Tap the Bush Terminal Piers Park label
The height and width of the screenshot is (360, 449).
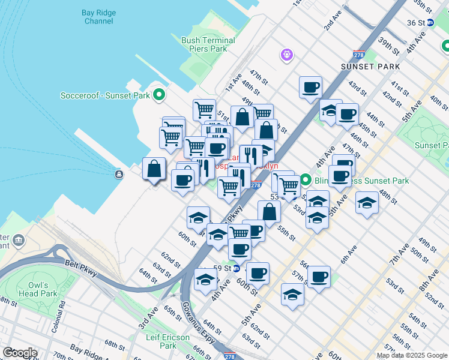pos(203,44)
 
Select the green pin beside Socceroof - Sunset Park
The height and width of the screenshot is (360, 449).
pos(159,95)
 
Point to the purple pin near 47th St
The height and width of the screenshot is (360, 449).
pos(287,56)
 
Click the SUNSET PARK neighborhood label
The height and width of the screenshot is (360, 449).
pos(366,66)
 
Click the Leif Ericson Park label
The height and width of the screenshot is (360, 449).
pos(170,341)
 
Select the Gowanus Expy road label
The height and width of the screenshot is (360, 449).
pos(193,319)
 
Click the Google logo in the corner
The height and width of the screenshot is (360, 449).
pos(20,353)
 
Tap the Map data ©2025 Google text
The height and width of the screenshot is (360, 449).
pos(412,355)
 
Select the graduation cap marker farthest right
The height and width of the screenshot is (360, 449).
pos(367,203)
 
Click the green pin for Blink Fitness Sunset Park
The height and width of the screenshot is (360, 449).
pos(306,179)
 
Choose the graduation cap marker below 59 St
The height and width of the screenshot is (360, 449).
pos(205,280)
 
